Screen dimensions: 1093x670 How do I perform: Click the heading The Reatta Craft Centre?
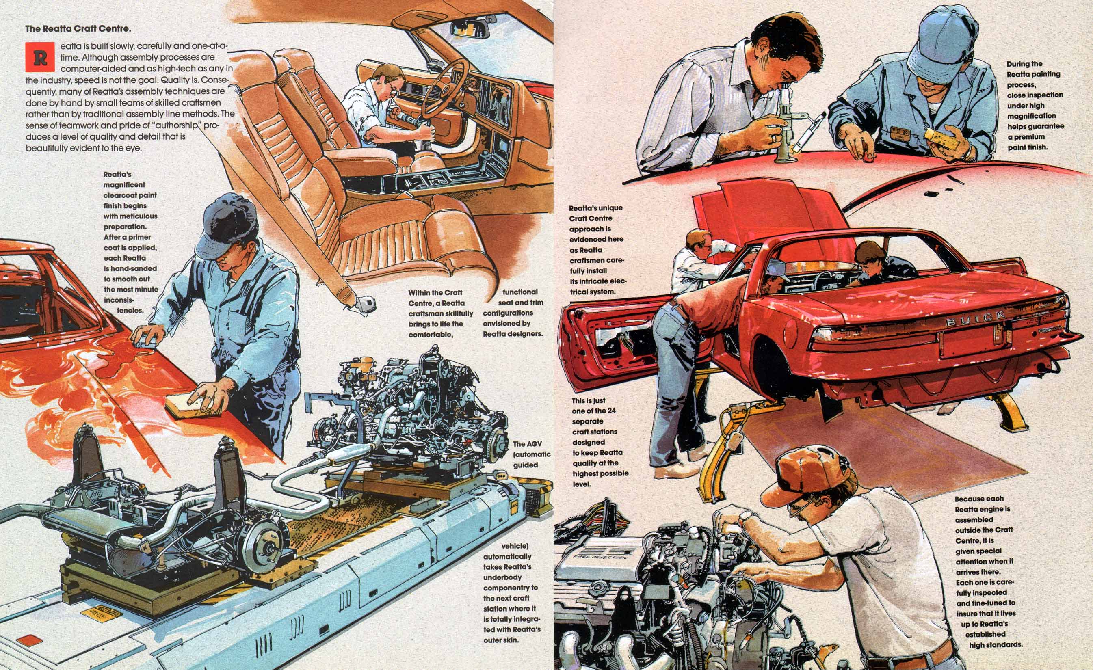point(78,29)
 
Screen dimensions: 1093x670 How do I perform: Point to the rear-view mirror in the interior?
point(470,28)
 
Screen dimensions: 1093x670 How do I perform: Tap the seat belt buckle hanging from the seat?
point(367,304)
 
